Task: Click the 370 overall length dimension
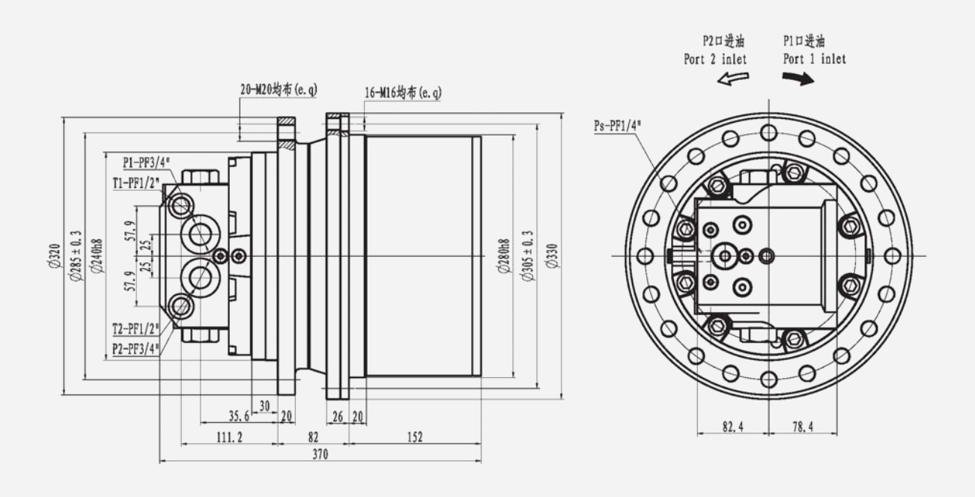click(319, 454)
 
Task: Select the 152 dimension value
click(415, 437)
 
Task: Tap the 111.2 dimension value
click(229, 437)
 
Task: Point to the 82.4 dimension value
click(732, 427)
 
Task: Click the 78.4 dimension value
click(802, 427)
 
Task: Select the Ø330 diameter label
click(552, 256)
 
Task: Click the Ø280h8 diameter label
click(504, 256)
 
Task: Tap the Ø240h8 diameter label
click(96, 256)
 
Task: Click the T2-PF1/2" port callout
click(136, 329)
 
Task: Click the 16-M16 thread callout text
click(403, 93)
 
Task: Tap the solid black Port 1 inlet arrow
click(803, 79)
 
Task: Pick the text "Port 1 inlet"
click(815, 58)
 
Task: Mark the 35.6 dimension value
click(239, 417)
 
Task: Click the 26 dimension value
click(337, 417)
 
